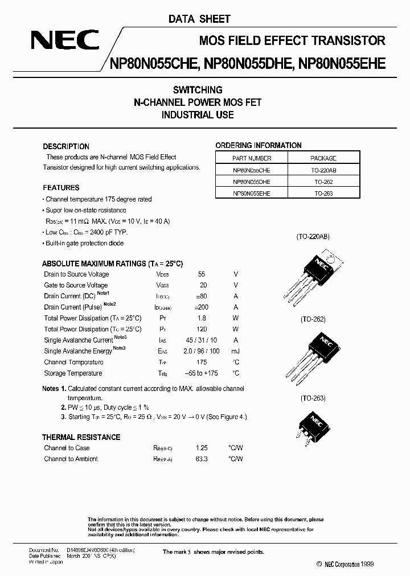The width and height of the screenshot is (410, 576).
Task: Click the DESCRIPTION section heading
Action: [x=66, y=146]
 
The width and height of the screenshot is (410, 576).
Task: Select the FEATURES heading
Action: [x=61, y=188]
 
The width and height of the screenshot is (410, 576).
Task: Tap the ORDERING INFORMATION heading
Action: [x=258, y=146]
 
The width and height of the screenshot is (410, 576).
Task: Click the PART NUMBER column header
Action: [x=252, y=158]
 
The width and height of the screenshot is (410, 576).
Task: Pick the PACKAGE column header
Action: [x=323, y=158]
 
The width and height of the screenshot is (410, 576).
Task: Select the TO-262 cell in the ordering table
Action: [x=323, y=182]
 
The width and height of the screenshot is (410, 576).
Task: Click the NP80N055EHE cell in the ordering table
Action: [x=252, y=194]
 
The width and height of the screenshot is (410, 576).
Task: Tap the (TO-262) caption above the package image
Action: [x=313, y=320]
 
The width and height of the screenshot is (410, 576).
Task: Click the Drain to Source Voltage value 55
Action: [x=202, y=274]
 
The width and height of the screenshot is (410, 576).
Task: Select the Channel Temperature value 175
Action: [x=202, y=362]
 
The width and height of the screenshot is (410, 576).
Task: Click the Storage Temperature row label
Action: [x=73, y=373]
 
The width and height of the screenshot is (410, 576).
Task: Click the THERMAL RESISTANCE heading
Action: [x=81, y=437]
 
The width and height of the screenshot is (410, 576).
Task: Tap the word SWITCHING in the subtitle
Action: [x=198, y=90]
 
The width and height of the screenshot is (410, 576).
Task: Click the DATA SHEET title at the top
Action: [x=199, y=19]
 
